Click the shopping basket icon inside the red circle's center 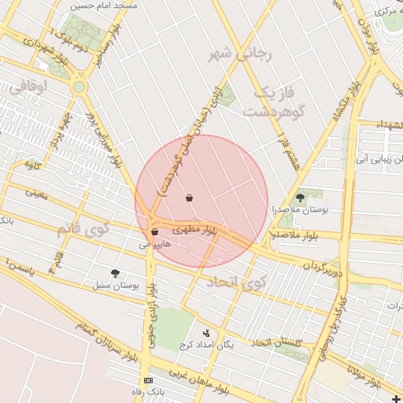[190, 198]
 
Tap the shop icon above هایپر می [154, 232]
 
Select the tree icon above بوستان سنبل [116, 273]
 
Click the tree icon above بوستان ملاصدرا [300, 198]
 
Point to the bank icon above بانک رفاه [148, 381]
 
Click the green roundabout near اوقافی [79, 87]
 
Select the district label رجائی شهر [239, 55]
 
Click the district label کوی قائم [82, 230]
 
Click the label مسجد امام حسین [104, 5]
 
